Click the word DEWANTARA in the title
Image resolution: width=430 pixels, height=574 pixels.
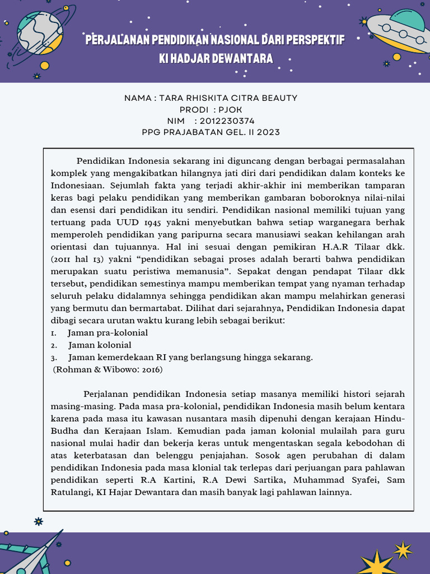pos(244,58)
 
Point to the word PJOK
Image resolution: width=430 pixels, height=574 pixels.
pos(231,110)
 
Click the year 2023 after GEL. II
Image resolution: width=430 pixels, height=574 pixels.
pos(269,132)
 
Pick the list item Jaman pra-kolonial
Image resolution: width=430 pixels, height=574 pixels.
pos(108,333)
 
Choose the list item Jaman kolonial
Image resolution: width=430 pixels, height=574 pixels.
pos(100,345)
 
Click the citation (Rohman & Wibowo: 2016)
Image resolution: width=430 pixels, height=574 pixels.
pos(107,370)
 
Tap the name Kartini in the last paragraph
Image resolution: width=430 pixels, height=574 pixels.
pos(171,480)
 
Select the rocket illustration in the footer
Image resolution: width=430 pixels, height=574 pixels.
pos(34,555)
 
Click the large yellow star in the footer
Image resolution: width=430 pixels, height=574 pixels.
pos(377,563)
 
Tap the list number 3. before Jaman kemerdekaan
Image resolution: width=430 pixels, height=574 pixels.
pos(54,358)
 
